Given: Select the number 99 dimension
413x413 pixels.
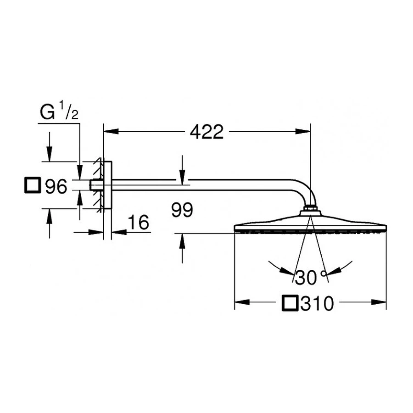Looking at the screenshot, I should pyautogui.click(x=182, y=211).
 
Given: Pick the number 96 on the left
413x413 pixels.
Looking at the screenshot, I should pyautogui.click(x=56, y=186).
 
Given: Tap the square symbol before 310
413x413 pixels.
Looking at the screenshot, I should pyautogui.click(x=290, y=303).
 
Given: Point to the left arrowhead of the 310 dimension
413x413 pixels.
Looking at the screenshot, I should pyautogui.click(x=241, y=302).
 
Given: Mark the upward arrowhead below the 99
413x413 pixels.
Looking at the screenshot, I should pyautogui.click(x=182, y=241).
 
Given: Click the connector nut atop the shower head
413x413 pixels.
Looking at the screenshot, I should pyautogui.click(x=311, y=212).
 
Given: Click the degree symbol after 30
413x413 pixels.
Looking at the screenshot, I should pyautogui.click(x=324, y=274).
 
